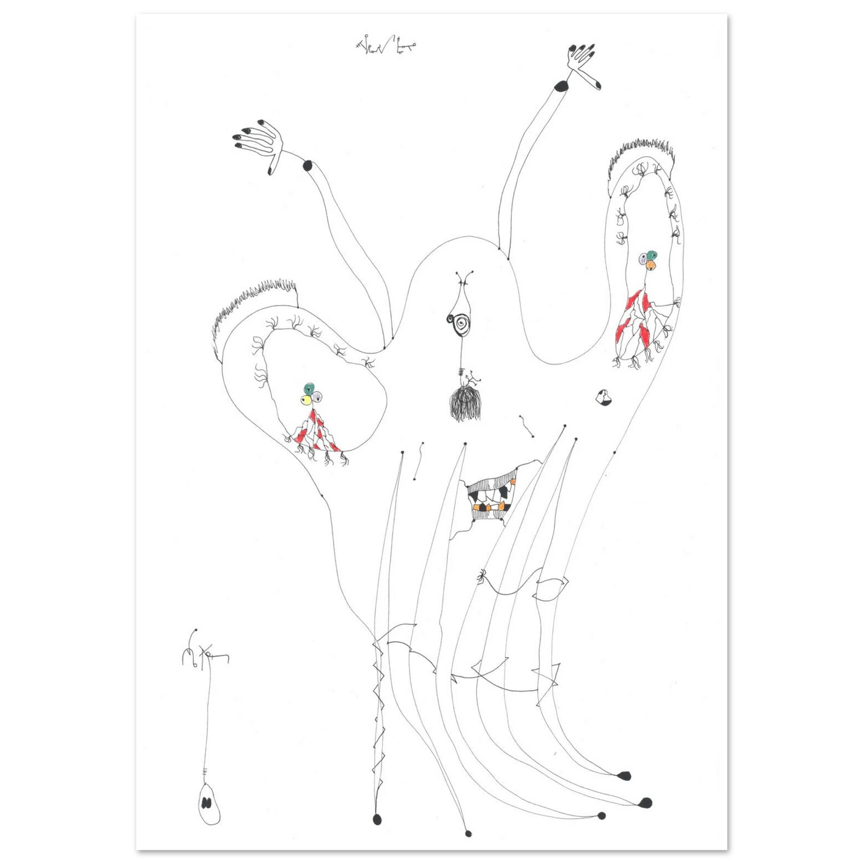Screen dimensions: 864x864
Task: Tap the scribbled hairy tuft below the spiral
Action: point(464,404)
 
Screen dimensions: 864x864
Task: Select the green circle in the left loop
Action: point(309,388)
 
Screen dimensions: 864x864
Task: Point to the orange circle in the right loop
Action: point(652,265)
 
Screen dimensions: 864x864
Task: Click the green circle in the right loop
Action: point(651,255)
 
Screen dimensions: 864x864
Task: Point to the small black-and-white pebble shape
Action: point(603,397)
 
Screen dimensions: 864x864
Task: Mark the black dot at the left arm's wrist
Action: point(309,166)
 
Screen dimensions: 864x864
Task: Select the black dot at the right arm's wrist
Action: point(561,86)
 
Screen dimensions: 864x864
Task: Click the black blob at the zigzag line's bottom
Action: point(377,819)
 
